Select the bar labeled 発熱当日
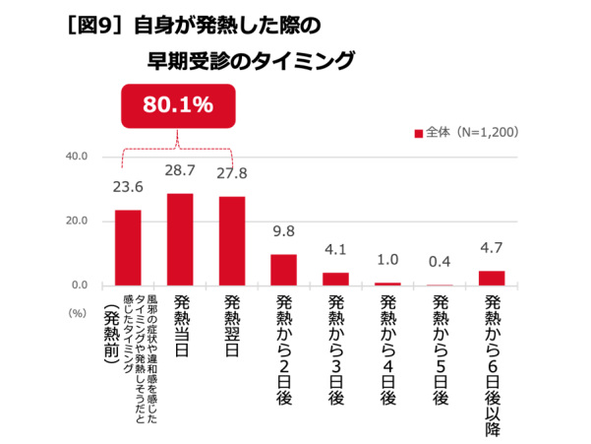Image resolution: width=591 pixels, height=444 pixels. coord(180,239)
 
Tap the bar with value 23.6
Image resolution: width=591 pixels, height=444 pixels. coord(128,247)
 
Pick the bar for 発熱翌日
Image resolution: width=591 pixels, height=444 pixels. coord(231,240)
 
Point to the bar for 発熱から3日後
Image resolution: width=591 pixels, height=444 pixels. coord(335,279)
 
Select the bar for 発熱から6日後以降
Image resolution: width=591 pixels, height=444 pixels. coord(492,278)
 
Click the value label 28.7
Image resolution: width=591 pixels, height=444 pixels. coord(180,171)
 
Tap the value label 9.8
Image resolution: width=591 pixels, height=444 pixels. coord(283,233)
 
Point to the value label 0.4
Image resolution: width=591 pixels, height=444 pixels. coord(440,262)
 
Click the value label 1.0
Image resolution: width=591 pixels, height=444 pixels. coord(387,260)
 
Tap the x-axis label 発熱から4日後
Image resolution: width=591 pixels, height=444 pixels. coord(387,349)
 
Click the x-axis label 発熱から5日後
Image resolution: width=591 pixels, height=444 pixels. coord(440,349)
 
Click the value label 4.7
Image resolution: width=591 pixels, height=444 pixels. coord(492,249)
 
